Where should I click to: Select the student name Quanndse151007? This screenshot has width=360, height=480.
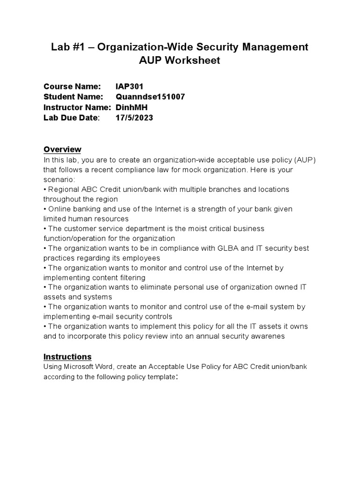150,97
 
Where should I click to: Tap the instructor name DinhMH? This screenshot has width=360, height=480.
131,107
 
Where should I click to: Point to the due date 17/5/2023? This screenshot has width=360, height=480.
134,118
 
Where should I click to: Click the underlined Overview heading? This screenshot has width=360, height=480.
62,149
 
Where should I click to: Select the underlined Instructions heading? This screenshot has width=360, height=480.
67,357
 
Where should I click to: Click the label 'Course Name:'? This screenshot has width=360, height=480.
72,86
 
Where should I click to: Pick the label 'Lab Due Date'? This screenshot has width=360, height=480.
71,118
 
